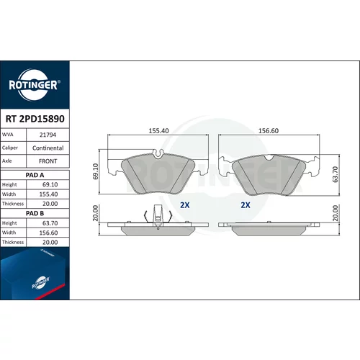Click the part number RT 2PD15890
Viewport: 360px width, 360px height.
pos(35,119)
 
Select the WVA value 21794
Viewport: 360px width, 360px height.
pos(48,135)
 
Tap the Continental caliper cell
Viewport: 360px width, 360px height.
pos(48,148)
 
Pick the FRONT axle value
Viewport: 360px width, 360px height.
pos(48,161)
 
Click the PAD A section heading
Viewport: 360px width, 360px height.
pos(35,175)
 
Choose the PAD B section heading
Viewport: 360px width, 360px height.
pos(35,213)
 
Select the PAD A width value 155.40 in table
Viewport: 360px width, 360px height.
pos(48,194)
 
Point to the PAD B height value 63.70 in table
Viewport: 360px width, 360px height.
pos(50,223)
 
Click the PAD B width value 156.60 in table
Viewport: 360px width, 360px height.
pos(48,233)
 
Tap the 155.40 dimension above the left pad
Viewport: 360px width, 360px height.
pos(158,131)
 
